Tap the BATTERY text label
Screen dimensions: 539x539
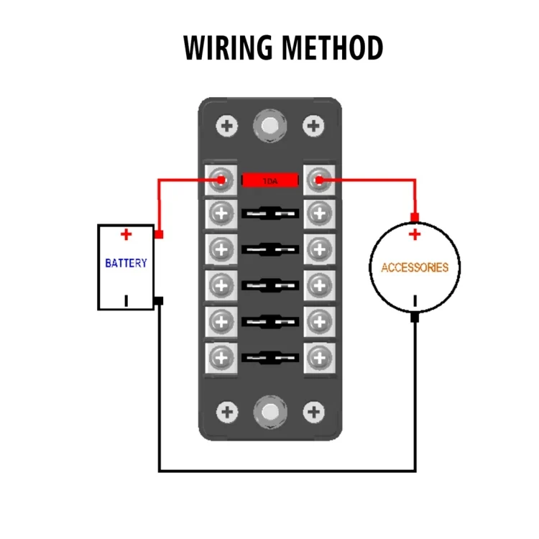click(126, 263)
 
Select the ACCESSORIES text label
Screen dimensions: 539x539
click(415, 267)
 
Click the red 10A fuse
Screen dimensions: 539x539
click(269, 180)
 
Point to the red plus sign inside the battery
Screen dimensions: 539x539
click(126, 234)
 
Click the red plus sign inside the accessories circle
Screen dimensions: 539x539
click(415, 235)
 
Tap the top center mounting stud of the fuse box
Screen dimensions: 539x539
click(269, 126)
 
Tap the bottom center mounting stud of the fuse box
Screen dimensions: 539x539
click(269, 412)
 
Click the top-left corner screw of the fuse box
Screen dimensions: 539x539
click(228, 126)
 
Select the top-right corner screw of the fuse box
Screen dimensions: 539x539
click(313, 126)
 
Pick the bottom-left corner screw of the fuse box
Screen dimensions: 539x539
click(228, 412)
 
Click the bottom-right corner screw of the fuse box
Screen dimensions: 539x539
click(313, 412)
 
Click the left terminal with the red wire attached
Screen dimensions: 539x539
click(221, 180)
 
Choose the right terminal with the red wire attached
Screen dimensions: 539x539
click(318, 180)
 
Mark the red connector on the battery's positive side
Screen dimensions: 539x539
click(159, 234)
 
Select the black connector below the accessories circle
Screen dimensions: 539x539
click(415, 316)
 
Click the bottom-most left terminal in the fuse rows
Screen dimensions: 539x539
click(221, 354)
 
